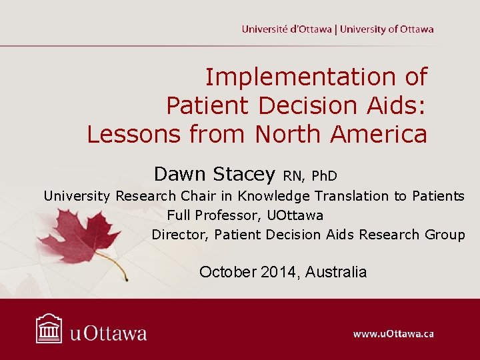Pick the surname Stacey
pyautogui.click(x=245, y=174)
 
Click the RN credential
pyautogui.click(x=293, y=176)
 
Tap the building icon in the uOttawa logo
pyautogui.click(x=49, y=329)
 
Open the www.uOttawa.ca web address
pyautogui.click(x=393, y=333)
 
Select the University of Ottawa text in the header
pyautogui.click(x=387, y=29)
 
